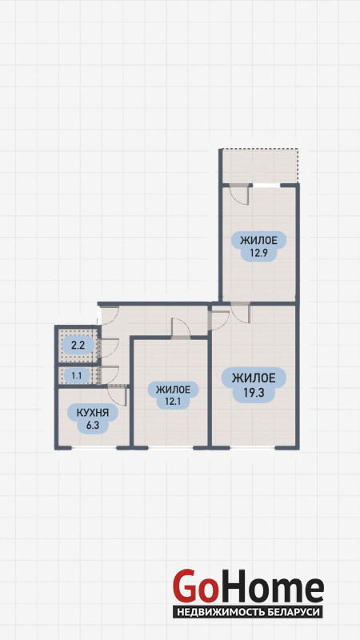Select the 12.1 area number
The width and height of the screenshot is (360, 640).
tap(173, 402)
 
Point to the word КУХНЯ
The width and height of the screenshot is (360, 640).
tap(93, 413)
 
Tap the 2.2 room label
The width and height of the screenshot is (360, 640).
tap(78, 346)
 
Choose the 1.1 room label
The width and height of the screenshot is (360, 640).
tap(77, 376)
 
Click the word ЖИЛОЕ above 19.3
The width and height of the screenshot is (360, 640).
tap(254, 378)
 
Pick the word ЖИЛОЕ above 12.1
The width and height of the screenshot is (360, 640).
tap(173, 390)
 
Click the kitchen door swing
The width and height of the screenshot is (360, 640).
tap(118, 395)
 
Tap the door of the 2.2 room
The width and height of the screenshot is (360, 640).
tap(110, 348)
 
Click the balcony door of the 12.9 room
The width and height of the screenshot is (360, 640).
tap(239, 194)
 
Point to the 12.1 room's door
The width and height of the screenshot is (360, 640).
tap(181, 328)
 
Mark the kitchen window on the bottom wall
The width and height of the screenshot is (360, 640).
tap(94, 448)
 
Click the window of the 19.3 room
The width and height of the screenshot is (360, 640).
tap(252, 448)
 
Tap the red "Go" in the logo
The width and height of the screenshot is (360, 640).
tap(194, 586)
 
